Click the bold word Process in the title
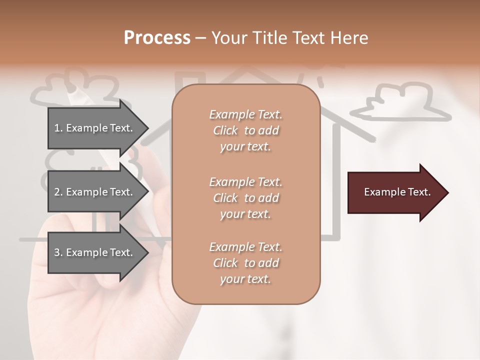click(157, 38)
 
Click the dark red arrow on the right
click(395, 192)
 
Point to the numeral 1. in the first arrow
click(58, 128)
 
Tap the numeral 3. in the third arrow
click(58, 253)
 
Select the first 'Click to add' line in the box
click(245, 131)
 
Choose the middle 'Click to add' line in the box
click(245, 198)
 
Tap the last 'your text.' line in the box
click(245, 279)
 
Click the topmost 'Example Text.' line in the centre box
click(245, 114)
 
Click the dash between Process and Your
click(200, 38)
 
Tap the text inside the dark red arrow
click(397, 192)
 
